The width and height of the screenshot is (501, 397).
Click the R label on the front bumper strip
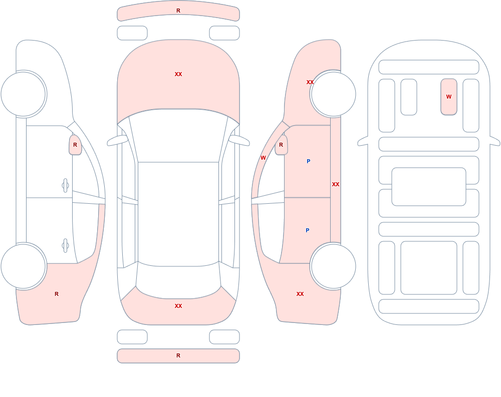pos(178,11)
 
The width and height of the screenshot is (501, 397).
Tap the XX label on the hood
pos(178,74)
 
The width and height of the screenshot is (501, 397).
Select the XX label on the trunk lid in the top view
pos(178,306)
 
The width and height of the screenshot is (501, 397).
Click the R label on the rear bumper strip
pos(178,355)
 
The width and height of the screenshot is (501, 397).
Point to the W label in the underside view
pos(449,97)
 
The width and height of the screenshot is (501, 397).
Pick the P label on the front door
pos(308,161)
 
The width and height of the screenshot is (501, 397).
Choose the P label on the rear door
pos(308,230)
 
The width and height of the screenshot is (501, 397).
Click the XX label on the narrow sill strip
pos(336,184)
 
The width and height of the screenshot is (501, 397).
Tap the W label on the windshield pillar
pos(263,158)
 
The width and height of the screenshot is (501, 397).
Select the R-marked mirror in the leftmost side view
pos(75,145)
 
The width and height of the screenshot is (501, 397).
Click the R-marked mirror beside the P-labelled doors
pos(281,145)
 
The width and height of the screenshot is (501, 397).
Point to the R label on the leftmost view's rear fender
pos(57,294)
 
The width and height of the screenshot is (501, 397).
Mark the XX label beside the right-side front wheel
pos(310,82)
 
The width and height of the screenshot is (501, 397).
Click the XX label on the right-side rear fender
pos(300,294)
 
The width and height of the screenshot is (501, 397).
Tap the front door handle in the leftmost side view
pos(65,186)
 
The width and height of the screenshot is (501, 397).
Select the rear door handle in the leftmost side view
pos(65,246)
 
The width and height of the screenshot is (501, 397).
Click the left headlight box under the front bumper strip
pos(132,33)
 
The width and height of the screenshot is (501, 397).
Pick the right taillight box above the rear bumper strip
pos(224,337)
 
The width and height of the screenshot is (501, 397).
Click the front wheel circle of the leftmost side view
pos(24,94)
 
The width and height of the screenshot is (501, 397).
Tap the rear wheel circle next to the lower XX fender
pos(333,266)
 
